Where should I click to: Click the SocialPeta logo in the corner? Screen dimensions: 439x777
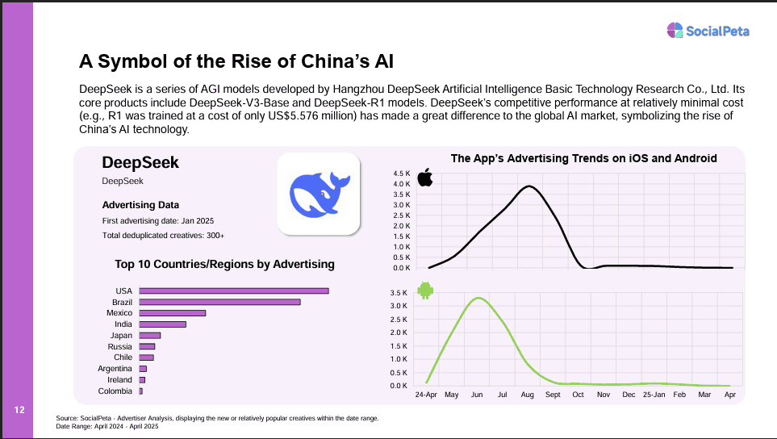(708, 31)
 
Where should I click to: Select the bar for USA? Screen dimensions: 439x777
(234, 291)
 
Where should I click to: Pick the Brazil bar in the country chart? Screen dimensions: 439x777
(219, 302)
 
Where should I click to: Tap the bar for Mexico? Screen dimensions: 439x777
(173, 313)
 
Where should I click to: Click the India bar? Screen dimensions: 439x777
(162, 324)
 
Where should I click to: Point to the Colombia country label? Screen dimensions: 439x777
(115, 391)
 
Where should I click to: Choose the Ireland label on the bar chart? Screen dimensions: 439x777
(119, 380)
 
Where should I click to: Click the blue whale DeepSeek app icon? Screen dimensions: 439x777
(318, 194)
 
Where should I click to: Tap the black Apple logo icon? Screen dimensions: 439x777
(424, 178)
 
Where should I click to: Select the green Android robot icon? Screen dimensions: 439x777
(424, 290)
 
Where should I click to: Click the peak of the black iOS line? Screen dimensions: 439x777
(528, 186)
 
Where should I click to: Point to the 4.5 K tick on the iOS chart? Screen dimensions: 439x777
(402, 174)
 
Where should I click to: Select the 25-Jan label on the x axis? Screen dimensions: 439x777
(654, 395)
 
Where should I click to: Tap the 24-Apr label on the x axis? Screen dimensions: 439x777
(426, 395)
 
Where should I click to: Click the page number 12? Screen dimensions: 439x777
(19, 411)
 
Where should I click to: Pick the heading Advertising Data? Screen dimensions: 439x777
(140, 205)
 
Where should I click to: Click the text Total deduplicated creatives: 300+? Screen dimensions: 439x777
(163, 235)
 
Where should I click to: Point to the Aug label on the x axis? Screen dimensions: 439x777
(528, 395)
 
